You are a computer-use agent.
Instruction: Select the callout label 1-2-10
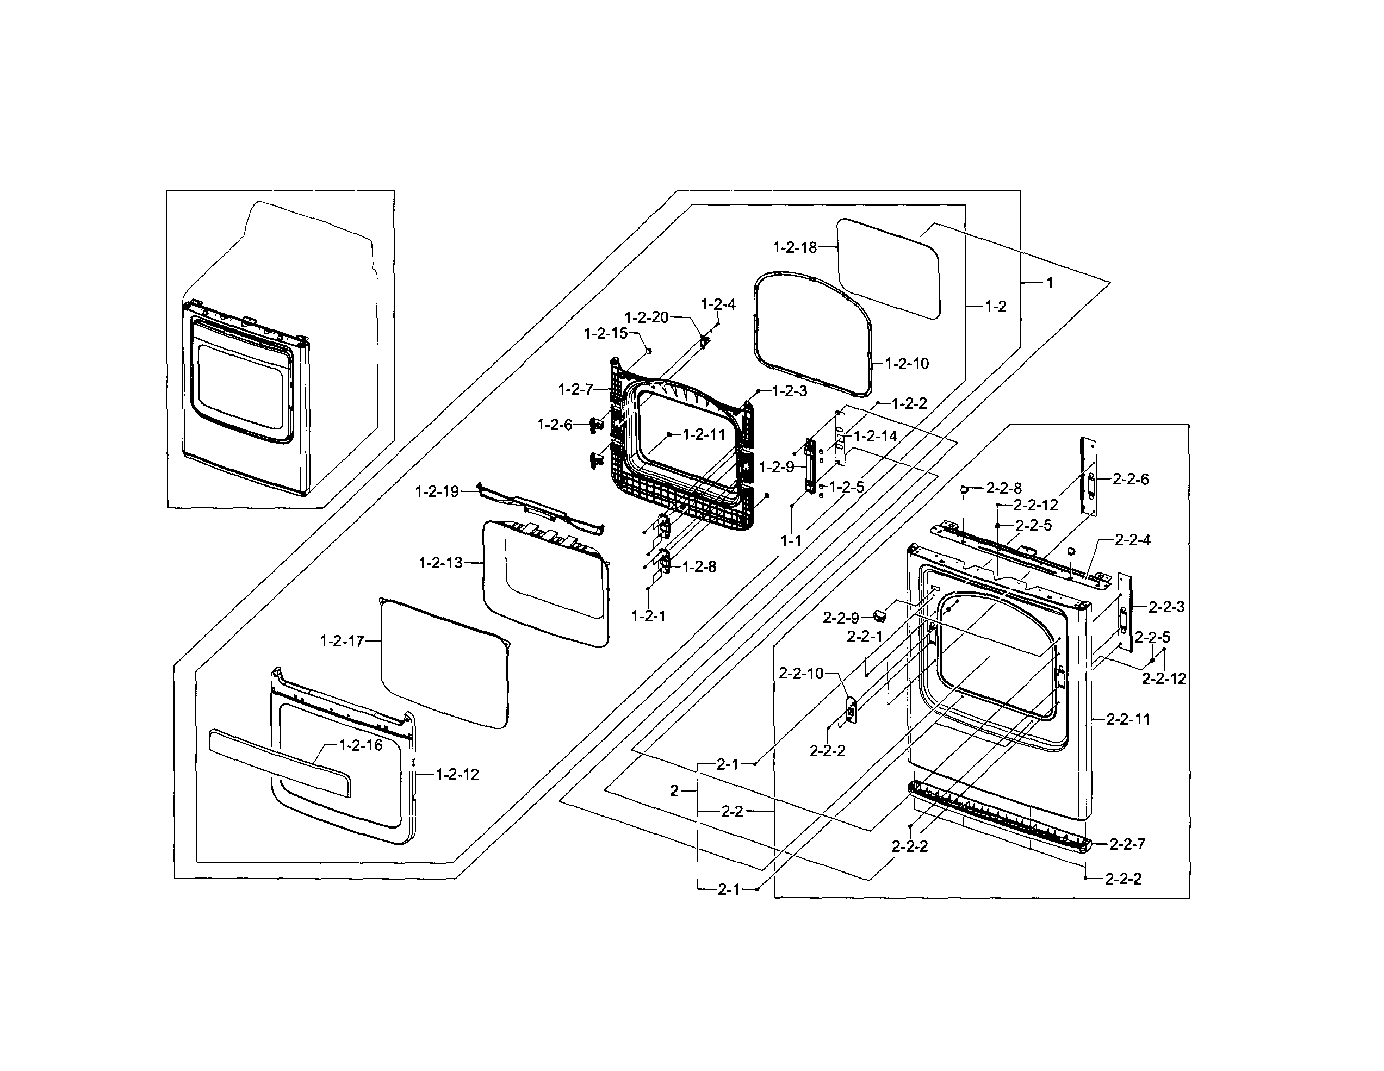(x=907, y=364)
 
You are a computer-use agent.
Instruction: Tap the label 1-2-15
(x=605, y=333)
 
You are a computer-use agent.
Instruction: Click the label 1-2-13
(x=441, y=563)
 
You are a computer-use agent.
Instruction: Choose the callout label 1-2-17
(x=342, y=641)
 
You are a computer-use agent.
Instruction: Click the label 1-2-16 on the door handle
(x=361, y=745)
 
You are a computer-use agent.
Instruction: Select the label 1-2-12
(x=457, y=774)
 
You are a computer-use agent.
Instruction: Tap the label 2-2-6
(x=1131, y=480)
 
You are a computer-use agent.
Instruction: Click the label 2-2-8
(x=1004, y=488)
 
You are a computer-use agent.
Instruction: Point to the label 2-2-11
(x=1127, y=719)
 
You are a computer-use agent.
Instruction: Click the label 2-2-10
(x=801, y=673)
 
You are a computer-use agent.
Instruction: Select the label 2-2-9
(x=841, y=618)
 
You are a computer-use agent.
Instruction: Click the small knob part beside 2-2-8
(x=963, y=489)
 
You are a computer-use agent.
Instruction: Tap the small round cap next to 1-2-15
(x=648, y=350)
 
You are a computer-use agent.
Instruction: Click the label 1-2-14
(x=875, y=436)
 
